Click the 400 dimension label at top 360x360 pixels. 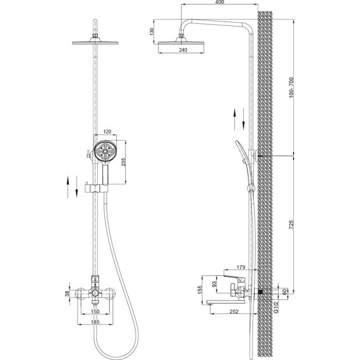click(220, 2)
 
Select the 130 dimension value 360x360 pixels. click(152, 32)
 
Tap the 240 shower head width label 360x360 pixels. click(183, 50)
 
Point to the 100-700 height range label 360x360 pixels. click(291, 88)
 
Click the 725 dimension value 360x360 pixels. click(291, 225)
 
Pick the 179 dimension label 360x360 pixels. click(241, 267)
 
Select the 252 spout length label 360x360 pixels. click(234, 311)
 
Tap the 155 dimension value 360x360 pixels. click(200, 290)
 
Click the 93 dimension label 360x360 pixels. click(214, 284)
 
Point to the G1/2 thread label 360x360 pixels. click(276, 307)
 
